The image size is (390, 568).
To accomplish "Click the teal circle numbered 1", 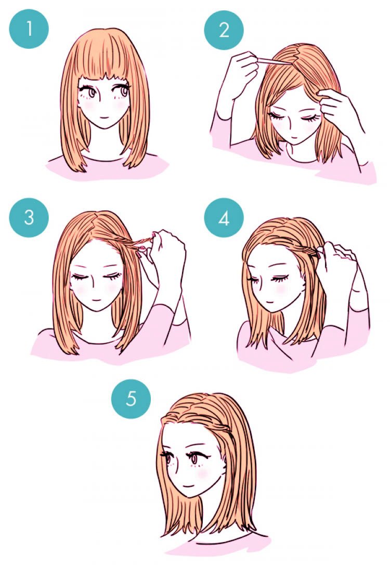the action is (29, 29).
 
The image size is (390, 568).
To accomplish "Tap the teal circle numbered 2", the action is (224, 30).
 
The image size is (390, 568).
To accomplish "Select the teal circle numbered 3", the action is (29, 217).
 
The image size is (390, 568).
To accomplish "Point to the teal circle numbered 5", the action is (131, 399).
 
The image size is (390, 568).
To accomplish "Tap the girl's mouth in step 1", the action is (103, 118).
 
